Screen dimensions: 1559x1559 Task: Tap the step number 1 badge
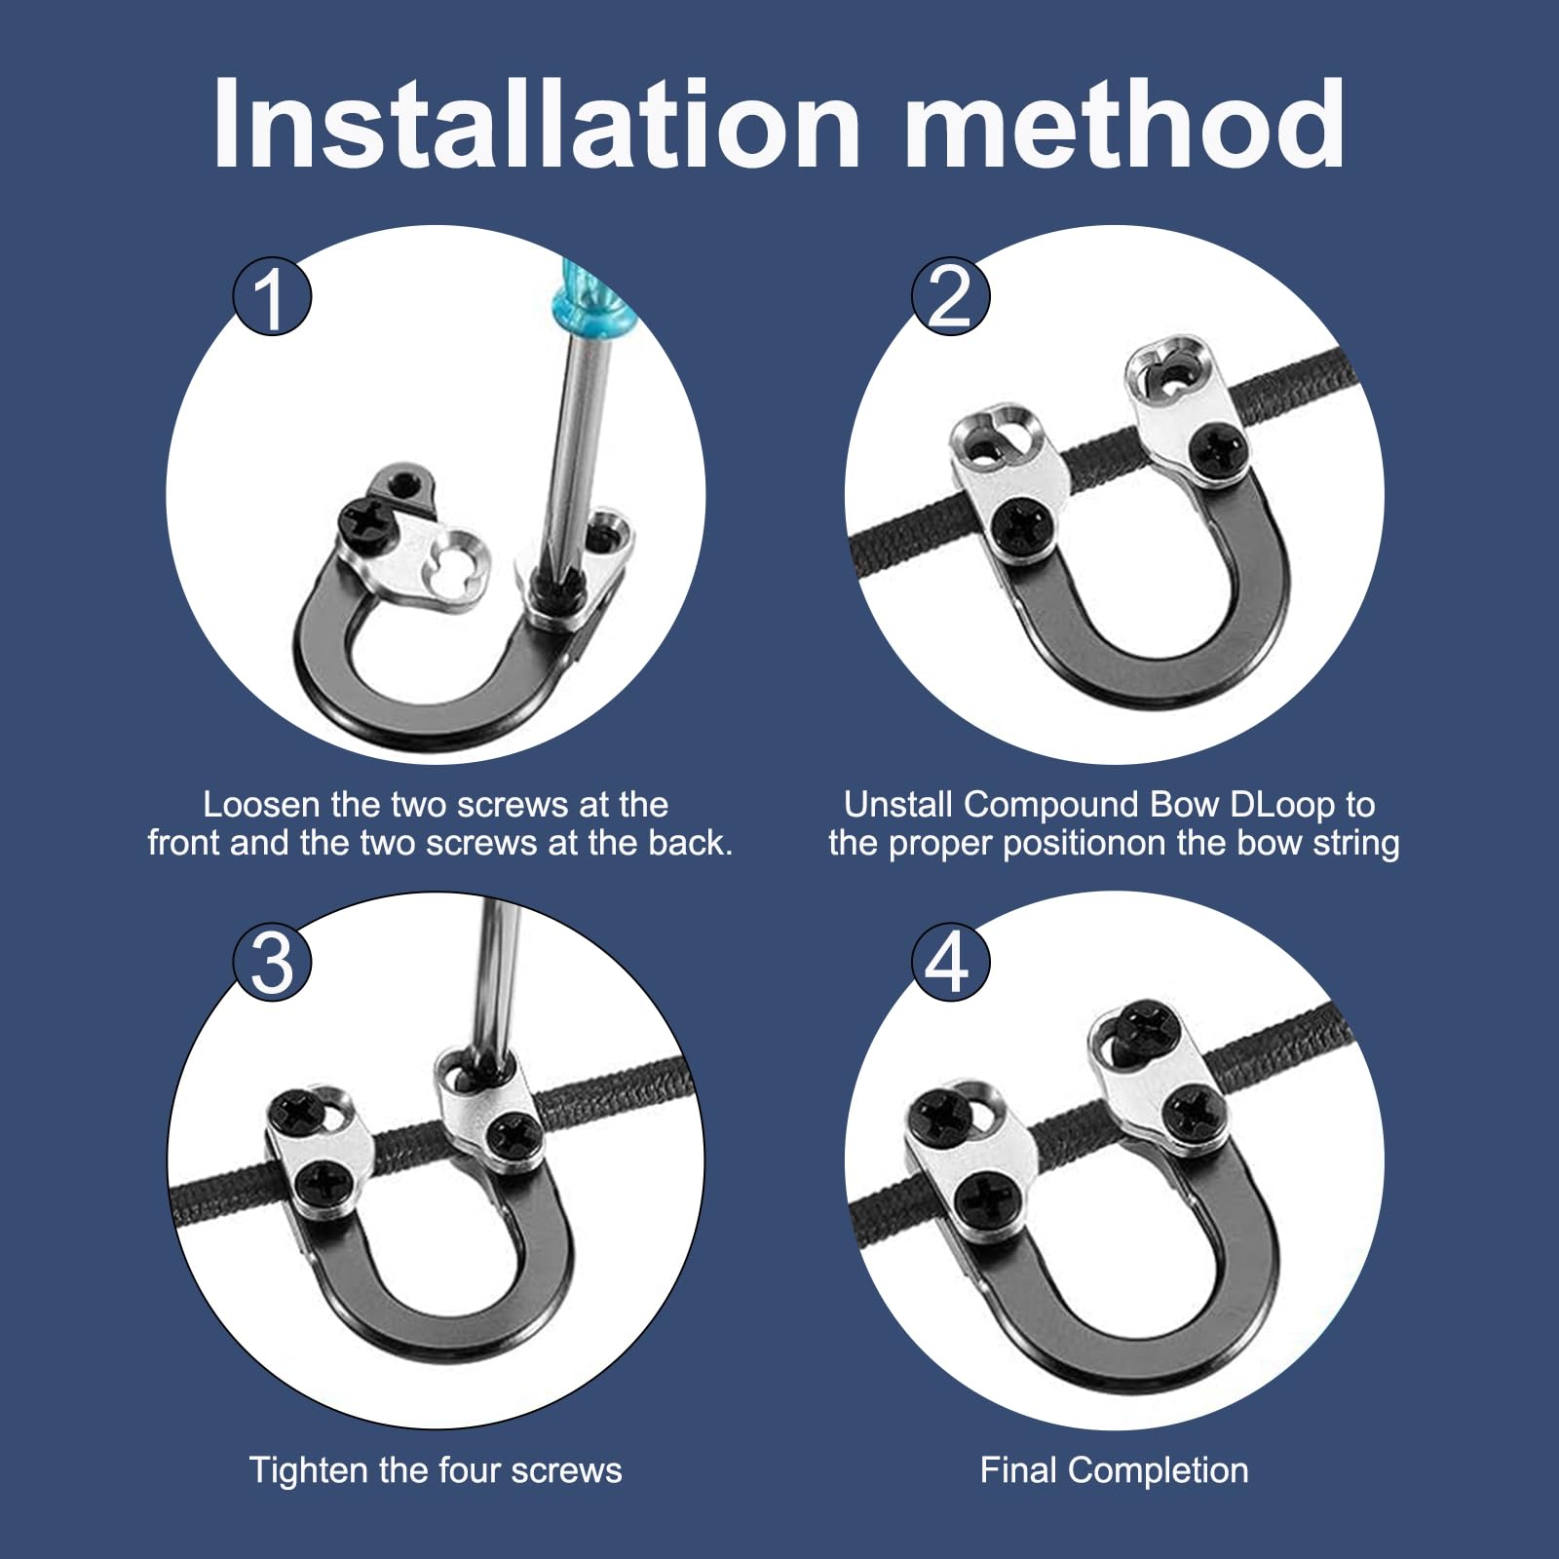click(x=272, y=296)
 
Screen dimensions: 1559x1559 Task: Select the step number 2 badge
click(x=950, y=296)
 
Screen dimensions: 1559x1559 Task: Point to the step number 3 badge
click(x=272, y=963)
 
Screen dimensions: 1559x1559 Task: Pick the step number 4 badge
click(x=950, y=963)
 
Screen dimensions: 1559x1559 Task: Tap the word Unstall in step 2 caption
click(x=898, y=805)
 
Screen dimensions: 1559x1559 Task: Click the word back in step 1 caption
click(x=689, y=843)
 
